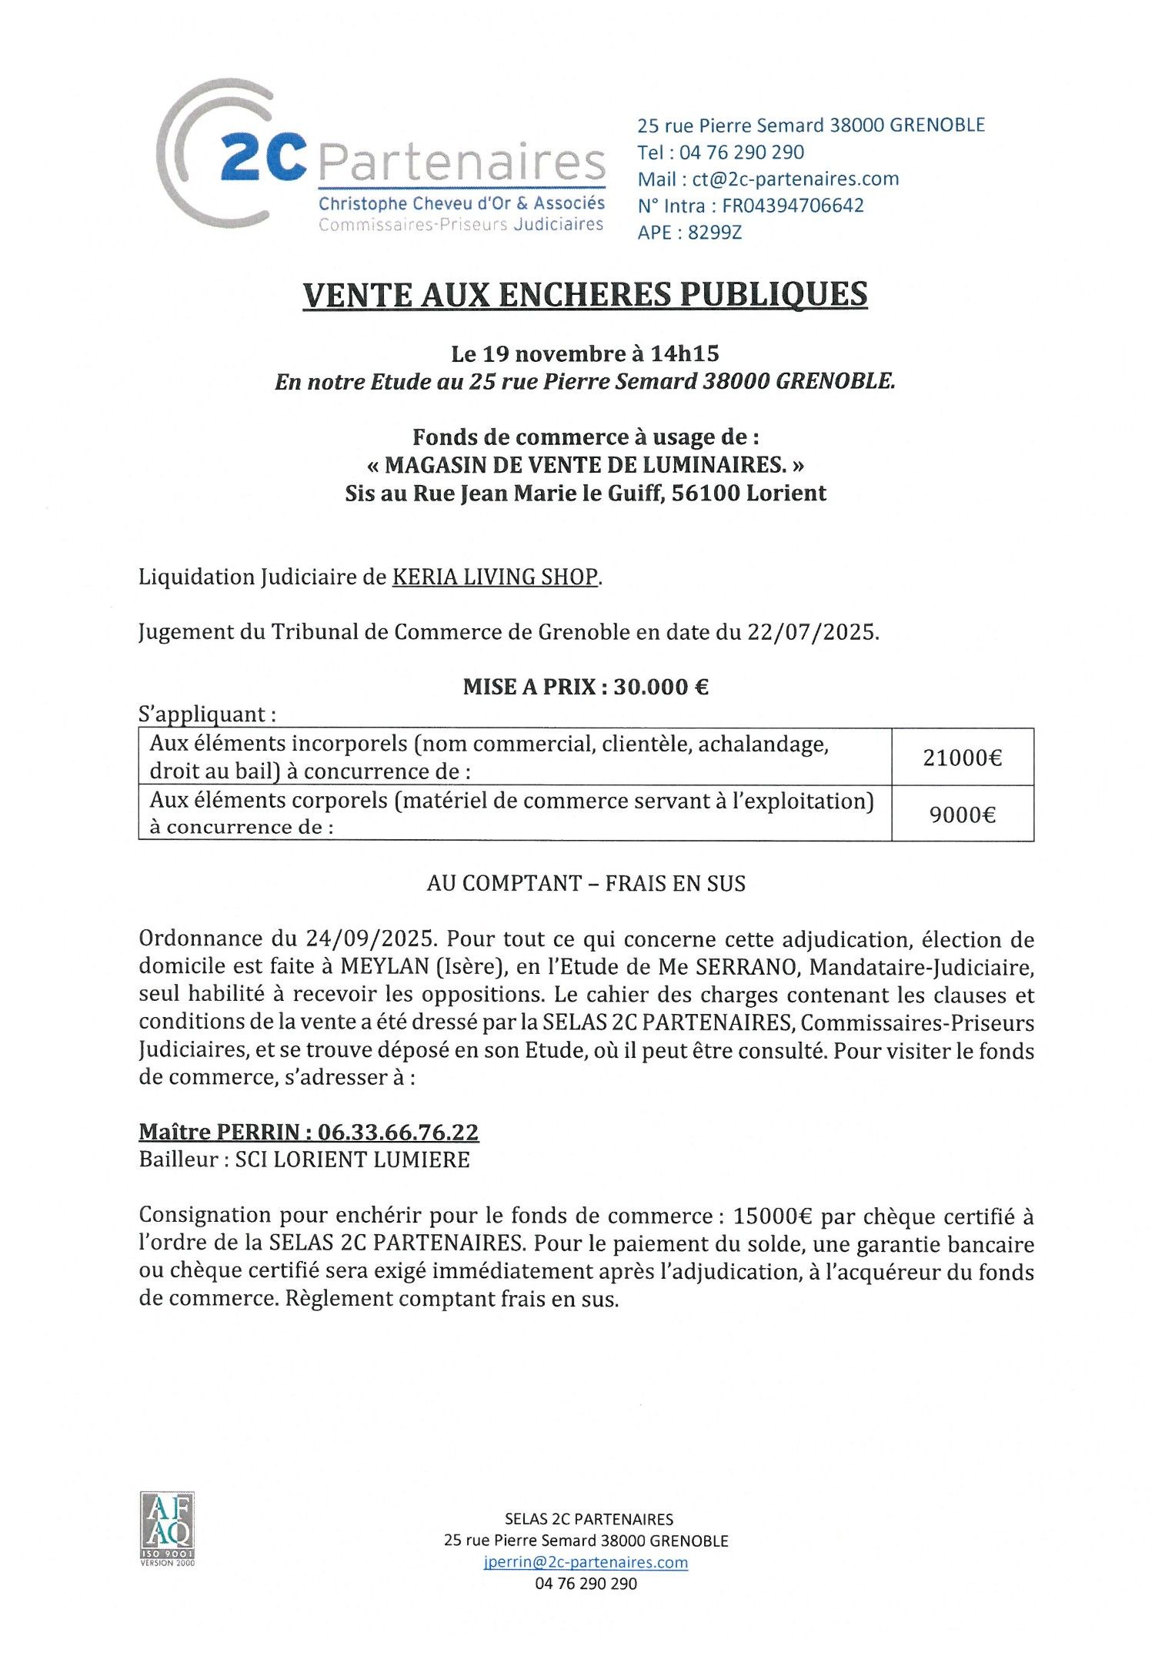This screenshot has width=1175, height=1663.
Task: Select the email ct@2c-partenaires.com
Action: (795, 179)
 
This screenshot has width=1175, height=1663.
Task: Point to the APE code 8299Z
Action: (715, 233)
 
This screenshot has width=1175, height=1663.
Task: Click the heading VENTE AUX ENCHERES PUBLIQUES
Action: (585, 295)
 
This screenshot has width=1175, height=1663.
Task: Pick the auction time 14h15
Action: (684, 353)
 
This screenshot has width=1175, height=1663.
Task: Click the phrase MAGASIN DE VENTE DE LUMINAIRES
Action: (585, 465)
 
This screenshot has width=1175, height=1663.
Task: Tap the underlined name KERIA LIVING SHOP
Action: (495, 577)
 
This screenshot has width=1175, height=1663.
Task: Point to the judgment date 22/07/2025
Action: (812, 632)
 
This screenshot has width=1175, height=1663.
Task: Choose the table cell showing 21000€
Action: (962, 758)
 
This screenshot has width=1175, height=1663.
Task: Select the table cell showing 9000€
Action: (962, 815)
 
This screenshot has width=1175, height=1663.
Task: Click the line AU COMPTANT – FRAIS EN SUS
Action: (586, 883)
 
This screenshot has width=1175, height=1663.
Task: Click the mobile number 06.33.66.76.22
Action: (398, 1132)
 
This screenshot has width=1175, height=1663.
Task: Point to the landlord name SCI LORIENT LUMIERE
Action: (352, 1159)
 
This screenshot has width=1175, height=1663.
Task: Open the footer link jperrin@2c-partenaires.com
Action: (586, 1562)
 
